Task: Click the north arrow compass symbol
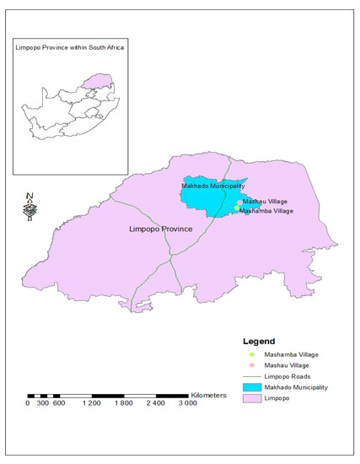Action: (x=29, y=207)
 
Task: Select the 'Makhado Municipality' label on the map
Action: (x=213, y=186)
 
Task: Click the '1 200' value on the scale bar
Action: (x=91, y=404)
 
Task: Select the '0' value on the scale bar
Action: (x=28, y=404)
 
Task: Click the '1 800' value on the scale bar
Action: (x=123, y=404)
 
